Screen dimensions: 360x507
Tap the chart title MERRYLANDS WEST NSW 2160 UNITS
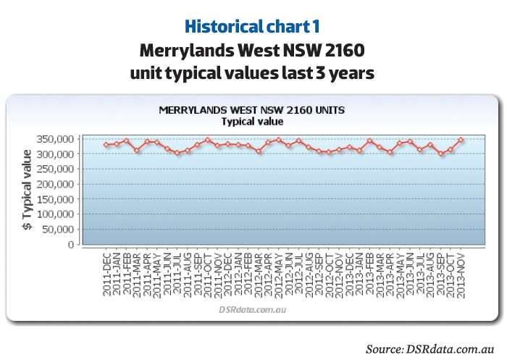251,110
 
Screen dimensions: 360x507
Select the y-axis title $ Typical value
28,190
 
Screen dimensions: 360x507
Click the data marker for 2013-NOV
461,140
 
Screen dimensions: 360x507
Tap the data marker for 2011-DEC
106,145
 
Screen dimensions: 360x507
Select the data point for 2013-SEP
441,154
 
